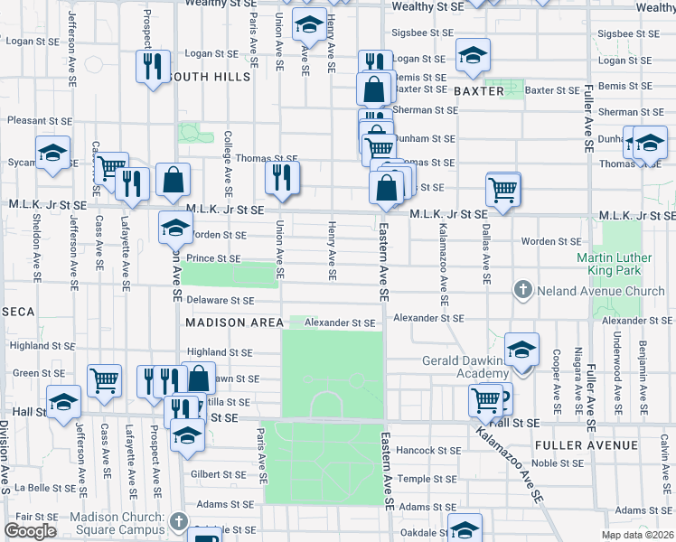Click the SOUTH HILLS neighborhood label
point(210,77)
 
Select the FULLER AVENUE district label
point(586,445)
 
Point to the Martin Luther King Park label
point(614,264)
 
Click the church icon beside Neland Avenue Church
point(522,291)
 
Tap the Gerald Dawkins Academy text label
point(460,368)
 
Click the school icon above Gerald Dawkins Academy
point(521,349)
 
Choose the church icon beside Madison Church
point(179,522)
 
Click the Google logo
point(30,531)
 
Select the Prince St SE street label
point(214,259)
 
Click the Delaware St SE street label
point(221,300)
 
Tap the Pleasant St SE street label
point(37,119)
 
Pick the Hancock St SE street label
point(429,450)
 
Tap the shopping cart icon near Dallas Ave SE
point(503,189)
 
